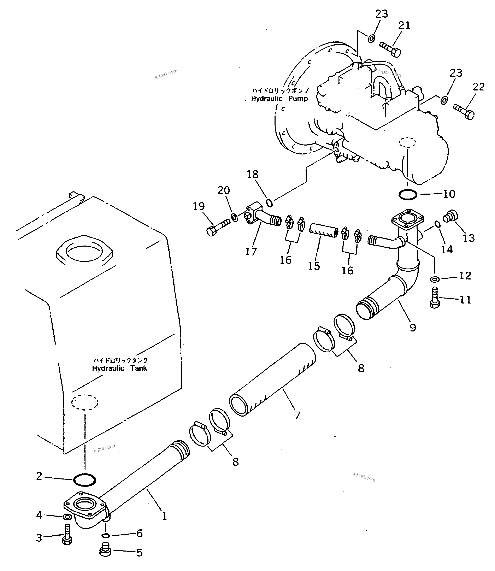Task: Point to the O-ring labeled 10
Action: tap(408, 195)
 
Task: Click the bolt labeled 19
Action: tap(218, 226)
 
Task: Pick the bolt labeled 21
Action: tap(390, 49)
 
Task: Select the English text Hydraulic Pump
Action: tap(279, 99)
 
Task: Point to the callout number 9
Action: tap(413, 328)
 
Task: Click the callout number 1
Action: tap(164, 516)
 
